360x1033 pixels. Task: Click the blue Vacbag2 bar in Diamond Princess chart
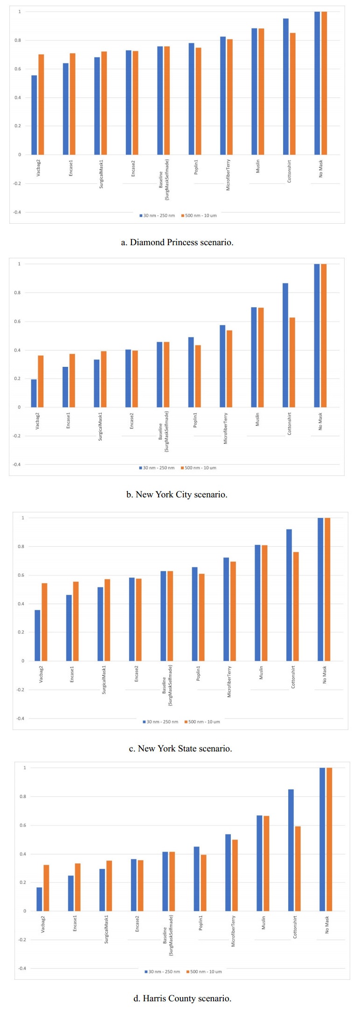click(34, 115)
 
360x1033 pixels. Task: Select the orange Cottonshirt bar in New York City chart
click(292, 362)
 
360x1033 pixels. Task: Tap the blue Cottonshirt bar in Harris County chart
click(291, 850)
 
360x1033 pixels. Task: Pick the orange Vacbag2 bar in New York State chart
click(44, 622)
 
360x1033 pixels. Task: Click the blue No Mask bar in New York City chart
click(317, 336)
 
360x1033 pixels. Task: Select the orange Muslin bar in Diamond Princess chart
click(261, 91)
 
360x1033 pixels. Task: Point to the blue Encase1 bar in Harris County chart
click(71, 893)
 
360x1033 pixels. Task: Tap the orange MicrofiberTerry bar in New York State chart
click(233, 611)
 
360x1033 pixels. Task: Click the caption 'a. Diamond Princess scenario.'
click(177, 242)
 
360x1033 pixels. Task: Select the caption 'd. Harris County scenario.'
click(182, 998)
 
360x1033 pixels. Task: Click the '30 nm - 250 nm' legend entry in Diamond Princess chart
click(157, 215)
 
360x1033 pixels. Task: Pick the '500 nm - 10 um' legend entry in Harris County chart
click(204, 971)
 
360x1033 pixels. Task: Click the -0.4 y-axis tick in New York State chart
click(20, 718)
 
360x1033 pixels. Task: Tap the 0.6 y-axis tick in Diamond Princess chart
click(17, 69)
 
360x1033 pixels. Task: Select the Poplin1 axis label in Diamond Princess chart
click(196, 167)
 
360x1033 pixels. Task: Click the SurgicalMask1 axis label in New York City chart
click(100, 426)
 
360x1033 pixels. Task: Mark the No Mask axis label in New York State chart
click(325, 675)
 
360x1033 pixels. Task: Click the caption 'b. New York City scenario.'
click(177, 495)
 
